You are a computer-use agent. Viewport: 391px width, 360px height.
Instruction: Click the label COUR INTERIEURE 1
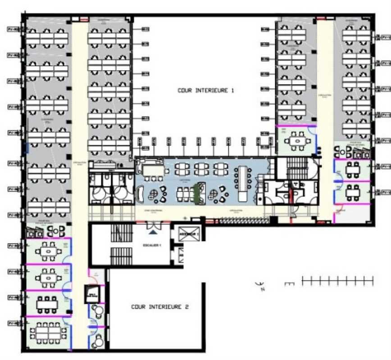[205, 90]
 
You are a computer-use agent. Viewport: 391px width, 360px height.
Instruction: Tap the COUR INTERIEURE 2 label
[160, 307]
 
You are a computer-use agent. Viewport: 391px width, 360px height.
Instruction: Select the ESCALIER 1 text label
[151, 245]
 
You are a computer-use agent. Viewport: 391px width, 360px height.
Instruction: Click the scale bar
[337, 281]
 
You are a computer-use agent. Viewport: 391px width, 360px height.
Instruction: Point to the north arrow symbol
[260, 285]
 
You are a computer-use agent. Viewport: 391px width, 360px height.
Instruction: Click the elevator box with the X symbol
[189, 235]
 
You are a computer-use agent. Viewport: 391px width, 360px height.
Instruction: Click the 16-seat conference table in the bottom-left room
[48, 333]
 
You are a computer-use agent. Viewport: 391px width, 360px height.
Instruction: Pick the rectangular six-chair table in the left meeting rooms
[47, 305]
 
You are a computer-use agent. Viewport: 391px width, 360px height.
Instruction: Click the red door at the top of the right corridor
[321, 18]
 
